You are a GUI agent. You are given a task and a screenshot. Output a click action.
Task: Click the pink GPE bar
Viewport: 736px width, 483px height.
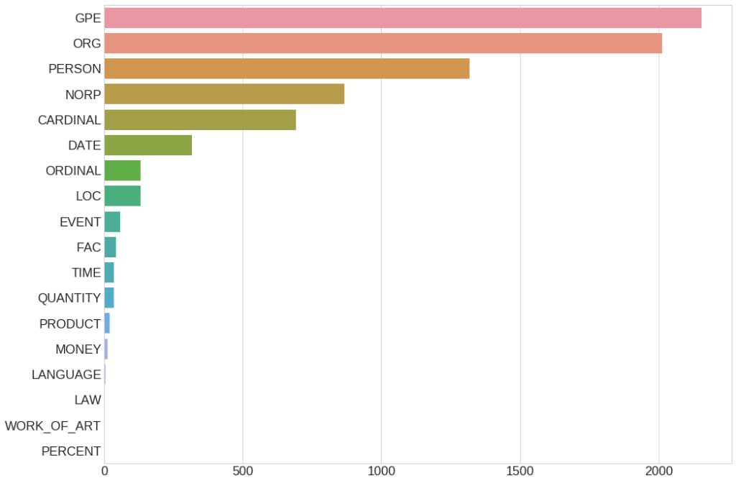tap(402, 18)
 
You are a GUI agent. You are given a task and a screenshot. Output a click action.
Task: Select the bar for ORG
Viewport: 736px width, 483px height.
tap(383, 43)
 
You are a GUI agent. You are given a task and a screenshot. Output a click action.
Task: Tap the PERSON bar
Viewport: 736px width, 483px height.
tap(287, 69)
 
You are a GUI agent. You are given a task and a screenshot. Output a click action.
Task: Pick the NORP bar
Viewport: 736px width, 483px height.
tap(224, 94)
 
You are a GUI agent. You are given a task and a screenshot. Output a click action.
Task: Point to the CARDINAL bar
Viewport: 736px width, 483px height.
tap(200, 120)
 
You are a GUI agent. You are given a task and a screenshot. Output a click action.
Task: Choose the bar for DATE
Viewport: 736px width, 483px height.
tap(148, 145)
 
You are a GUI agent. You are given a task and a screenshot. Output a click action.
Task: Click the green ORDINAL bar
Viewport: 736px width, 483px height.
tap(122, 170)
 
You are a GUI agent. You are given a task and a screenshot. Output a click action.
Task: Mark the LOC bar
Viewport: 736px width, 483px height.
tap(122, 196)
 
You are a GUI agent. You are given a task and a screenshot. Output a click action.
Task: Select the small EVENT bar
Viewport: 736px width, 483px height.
tap(112, 221)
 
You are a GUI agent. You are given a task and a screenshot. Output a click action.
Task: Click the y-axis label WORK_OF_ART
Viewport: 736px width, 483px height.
tap(52, 425)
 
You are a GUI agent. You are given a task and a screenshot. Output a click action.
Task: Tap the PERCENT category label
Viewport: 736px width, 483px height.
tap(71, 451)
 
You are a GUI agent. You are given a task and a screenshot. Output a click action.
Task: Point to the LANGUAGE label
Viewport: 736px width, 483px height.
tap(66, 374)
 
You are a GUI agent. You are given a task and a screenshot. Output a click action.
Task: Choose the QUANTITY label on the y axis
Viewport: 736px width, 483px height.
tap(69, 298)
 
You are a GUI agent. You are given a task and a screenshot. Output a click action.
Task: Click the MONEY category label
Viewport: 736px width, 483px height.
tap(78, 349)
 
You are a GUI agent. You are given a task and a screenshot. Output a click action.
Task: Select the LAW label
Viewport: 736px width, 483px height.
tap(88, 400)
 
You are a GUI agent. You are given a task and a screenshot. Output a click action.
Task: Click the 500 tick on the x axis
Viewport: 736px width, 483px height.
tap(243, 471)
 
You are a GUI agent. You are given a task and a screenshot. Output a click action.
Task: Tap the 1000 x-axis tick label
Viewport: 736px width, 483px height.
tap(382, 471)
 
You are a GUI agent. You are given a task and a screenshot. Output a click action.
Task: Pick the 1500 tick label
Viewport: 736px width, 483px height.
tap(520, 471)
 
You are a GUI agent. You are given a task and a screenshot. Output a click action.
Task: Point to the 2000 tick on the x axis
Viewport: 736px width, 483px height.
tap(659, 471)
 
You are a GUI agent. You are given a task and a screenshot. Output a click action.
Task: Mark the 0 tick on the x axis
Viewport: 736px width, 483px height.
tap(105, 471)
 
